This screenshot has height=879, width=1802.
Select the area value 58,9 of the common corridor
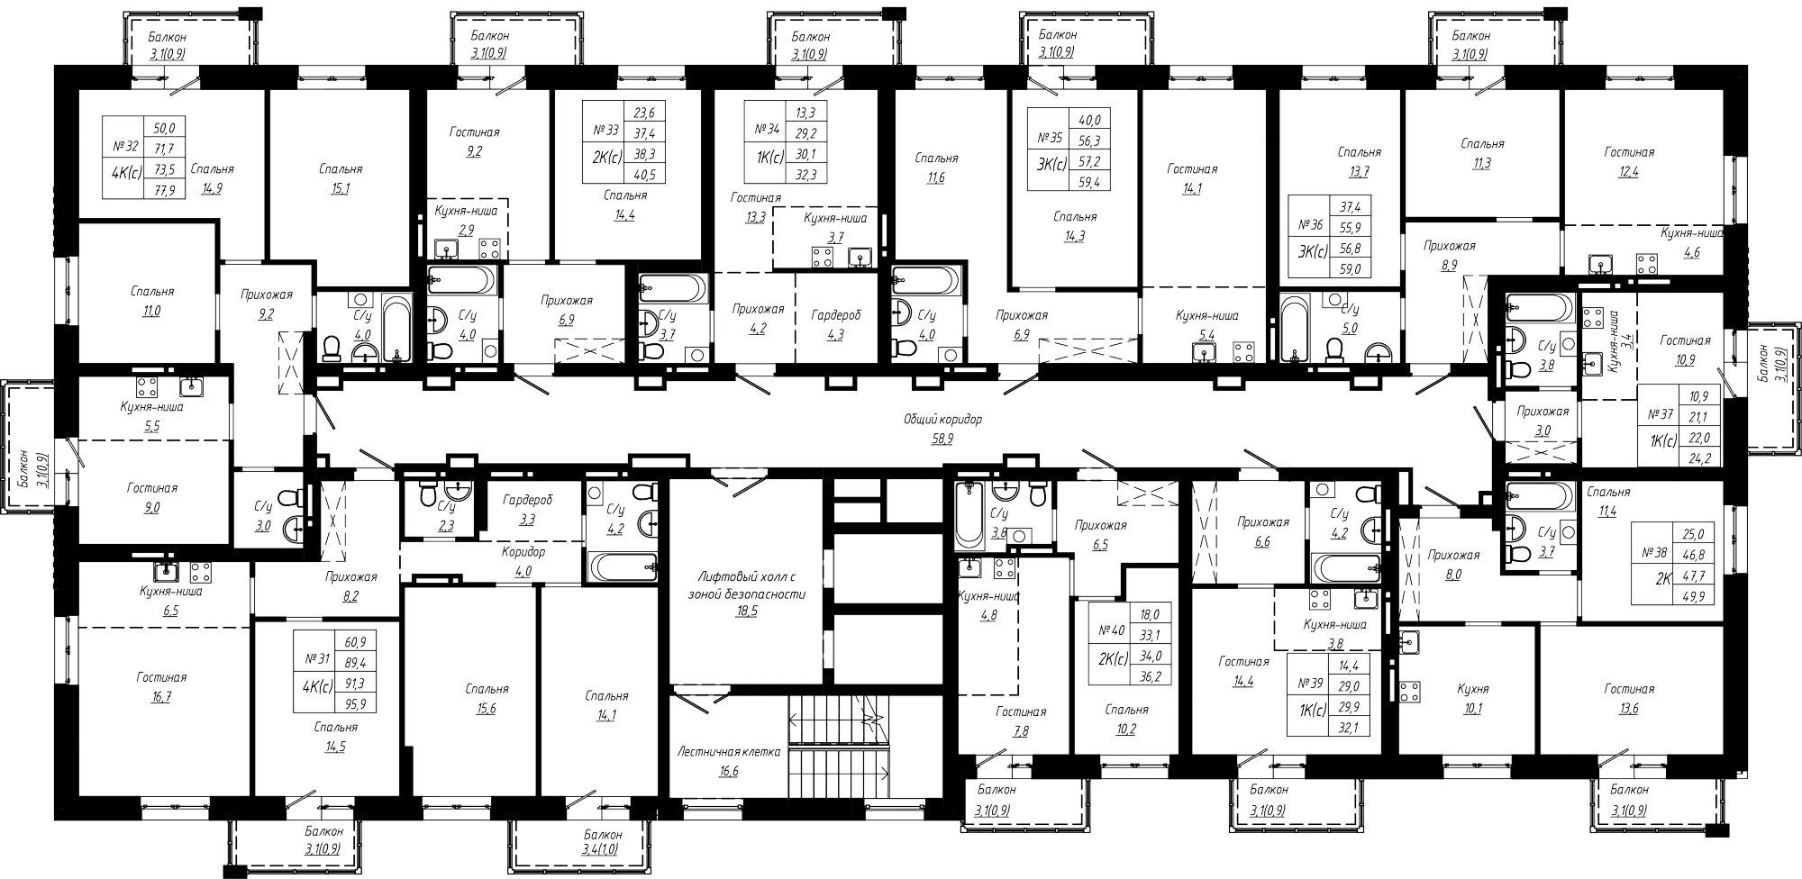943,437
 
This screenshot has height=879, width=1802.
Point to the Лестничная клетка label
730,751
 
